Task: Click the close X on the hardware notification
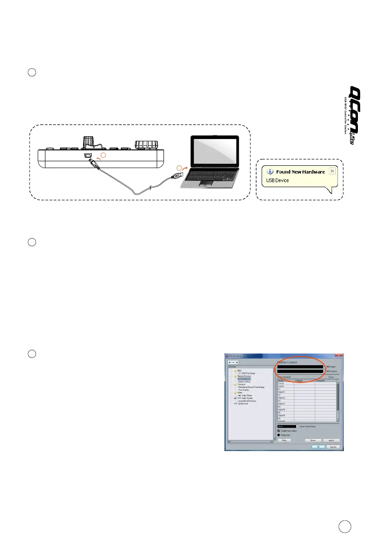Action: tap(332, 171)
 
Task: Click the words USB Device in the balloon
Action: tap(277, 180)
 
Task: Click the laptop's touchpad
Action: tap(206, 182)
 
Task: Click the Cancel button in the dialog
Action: tap(334, 447)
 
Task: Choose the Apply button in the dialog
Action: tap(331, 440)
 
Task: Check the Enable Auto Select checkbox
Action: tap(279, 431)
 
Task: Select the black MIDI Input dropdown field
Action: tap(300, 366)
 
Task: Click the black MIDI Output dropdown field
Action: tap(300, 371)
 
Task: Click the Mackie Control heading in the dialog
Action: tap(291, 362)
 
